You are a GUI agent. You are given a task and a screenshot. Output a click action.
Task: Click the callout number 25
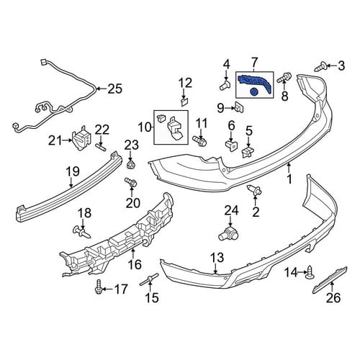point(114,89)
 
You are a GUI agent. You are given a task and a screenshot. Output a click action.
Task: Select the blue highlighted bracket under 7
point(254,81)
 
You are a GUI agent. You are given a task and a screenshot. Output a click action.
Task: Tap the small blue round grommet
point(253,91)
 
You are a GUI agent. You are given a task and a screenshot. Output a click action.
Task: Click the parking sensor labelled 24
point(228,233)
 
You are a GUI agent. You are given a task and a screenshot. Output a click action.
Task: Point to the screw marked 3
point(320,66)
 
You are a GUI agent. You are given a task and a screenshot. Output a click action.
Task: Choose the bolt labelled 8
point(284,78)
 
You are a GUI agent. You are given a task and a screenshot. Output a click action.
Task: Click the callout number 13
point(217,258)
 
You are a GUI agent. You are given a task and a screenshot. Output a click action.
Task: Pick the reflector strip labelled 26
point(330,279)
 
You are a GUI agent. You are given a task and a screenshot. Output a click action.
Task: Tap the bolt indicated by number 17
point(99,287)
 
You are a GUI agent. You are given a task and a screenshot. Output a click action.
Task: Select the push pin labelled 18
point(81,232)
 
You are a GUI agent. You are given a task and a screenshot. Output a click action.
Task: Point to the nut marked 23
point(131,165)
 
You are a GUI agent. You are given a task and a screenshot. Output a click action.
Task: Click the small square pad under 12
point(184,102)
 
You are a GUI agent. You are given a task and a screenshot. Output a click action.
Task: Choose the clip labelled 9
point(239,107)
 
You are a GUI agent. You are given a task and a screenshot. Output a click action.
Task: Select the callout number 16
point(135,264)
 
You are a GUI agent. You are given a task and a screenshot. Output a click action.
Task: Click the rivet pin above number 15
point(149,280)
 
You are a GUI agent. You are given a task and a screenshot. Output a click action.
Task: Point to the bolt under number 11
point(199,140)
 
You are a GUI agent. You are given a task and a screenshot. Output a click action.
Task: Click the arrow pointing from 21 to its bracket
point(66,140)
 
